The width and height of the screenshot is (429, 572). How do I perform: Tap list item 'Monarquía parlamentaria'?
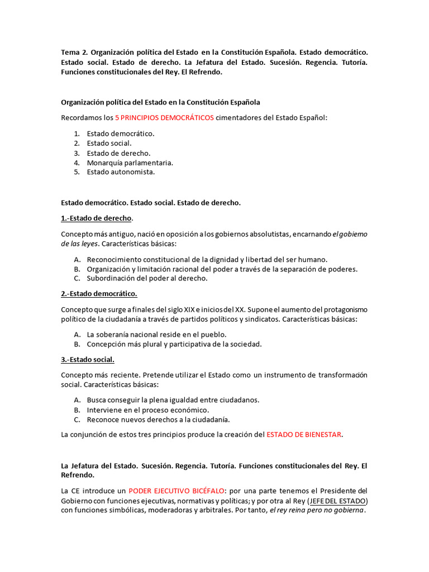point(130,163)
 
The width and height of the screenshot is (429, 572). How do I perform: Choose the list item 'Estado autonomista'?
point(121,172)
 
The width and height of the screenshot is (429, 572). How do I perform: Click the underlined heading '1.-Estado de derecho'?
point(97,218)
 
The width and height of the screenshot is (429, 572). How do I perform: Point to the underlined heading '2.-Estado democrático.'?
point(99,294)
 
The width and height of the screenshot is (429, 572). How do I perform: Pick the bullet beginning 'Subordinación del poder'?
point(147,278)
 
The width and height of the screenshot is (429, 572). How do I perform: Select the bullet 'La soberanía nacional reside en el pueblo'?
point(156,334)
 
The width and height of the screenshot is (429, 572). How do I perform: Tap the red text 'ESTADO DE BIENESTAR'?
point(303,435)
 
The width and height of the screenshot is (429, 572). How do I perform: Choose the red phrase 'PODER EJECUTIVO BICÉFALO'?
point(177,490)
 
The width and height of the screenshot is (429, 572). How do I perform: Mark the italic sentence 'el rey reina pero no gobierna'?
point(316,511)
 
